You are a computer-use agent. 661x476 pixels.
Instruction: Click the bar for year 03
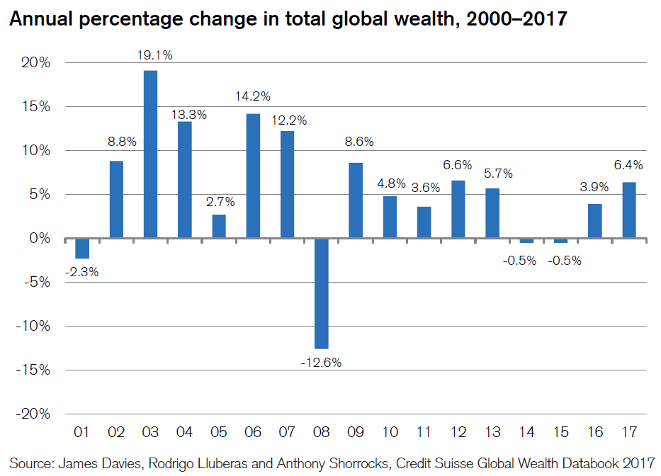coord(150,154)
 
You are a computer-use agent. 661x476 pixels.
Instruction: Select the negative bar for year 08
coord(322,293)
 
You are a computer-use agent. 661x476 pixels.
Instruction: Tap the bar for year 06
coord(253,176)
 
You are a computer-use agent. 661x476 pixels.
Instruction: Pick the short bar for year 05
coord(219,226)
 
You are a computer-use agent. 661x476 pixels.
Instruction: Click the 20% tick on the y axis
coord(35,63)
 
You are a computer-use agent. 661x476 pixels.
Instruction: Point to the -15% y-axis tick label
coord(33,370)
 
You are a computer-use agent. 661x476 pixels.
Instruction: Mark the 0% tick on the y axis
coord(40,239)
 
